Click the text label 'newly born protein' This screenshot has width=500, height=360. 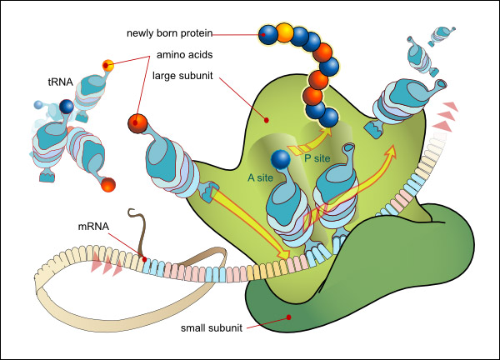click(x=169, y=34)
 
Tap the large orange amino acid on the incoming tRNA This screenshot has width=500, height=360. click(x=139, y=122)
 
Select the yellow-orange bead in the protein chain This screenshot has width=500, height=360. click(x=285, y=33)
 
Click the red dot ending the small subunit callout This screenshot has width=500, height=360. click(x=287, y=317)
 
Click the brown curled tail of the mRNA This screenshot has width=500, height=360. click(x=138, y=229)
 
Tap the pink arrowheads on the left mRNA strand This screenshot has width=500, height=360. click(x=107, y=265)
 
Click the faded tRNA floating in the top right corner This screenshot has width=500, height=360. click(x=436, y=35)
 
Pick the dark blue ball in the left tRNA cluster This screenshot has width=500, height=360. click(x=66, y=107)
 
